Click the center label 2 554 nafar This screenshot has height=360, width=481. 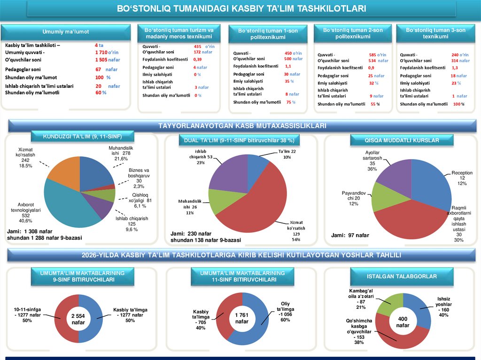pos(78,320)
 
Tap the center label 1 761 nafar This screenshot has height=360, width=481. pos(241,318)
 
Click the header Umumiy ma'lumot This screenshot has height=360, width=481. pos(66,32)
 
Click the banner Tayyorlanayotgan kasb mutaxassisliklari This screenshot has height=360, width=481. pos(242,126)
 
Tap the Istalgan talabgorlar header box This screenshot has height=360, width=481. pos(402,276)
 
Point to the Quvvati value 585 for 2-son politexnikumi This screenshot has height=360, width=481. pos(372,55)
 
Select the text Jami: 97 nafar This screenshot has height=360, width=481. pos(350,235)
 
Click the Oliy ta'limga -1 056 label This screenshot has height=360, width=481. pos(285,312)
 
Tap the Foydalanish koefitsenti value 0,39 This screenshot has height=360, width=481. pos(197,60)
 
